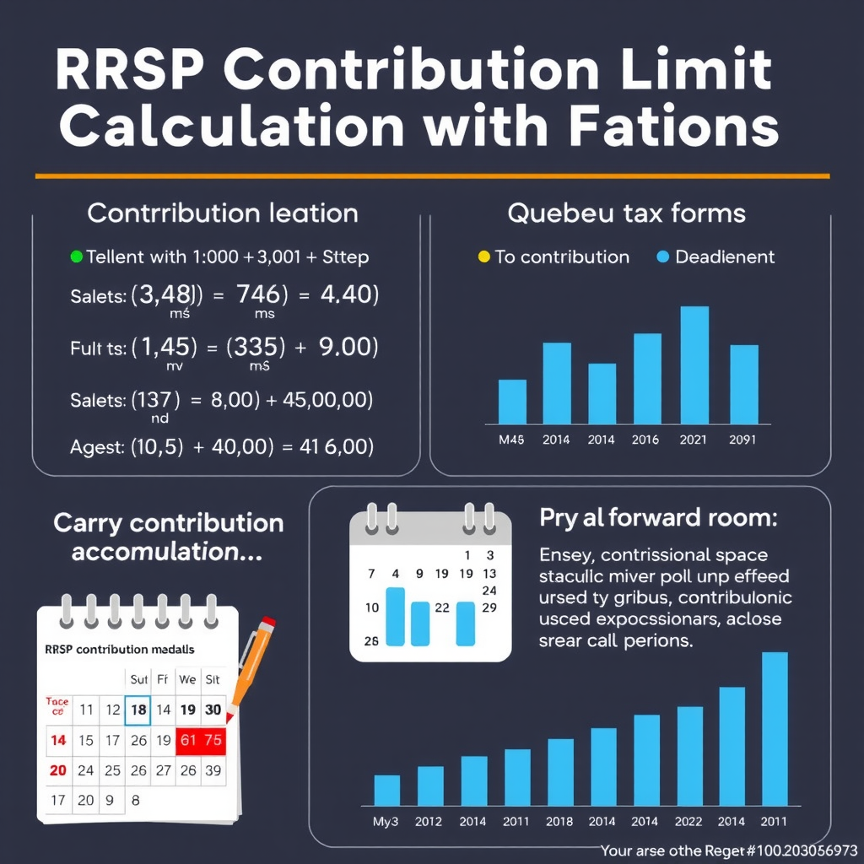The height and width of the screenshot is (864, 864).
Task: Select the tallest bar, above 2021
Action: tap(694, 364)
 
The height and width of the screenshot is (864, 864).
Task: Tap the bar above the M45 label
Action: tap(512, 402)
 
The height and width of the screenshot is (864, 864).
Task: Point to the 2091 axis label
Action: tap(743, 440)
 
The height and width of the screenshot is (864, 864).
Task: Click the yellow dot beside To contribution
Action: tap(483, 256)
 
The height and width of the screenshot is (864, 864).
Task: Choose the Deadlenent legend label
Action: tap(725, 256)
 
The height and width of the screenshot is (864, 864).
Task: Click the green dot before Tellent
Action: tap(76, 256)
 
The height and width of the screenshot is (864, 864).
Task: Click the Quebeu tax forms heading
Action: tap(626, 213)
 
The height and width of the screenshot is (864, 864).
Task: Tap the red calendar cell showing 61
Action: tap(188, 740)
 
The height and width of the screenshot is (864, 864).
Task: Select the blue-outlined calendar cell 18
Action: tap(138, 710)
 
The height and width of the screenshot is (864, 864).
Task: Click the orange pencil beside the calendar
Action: tap(252, 667)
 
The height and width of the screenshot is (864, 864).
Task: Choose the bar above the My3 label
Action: tap(386, 790)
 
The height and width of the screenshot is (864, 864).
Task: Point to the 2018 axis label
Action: tap(559, 821)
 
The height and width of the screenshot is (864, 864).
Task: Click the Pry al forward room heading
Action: tap(657, 518)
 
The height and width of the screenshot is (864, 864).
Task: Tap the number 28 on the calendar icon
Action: tap(371, 640)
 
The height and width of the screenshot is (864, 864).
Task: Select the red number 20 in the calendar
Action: tap(57, 770)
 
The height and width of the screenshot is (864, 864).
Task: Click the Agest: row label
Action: tap(96, 447)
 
